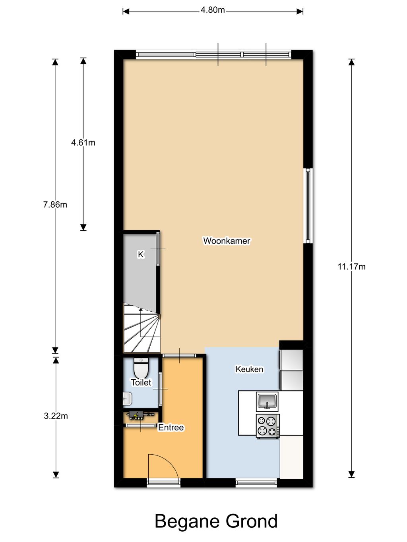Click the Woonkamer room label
coord(227,241)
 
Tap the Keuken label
coord(249,369)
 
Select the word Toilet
coord(141,382)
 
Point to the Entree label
coord(171,427)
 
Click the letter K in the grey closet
coord(141,255)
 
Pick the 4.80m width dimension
coord(213,10)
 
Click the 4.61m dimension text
coord(83,143)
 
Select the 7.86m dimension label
coord(55,205)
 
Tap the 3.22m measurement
coord(56,416)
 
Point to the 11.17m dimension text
coord(351,267)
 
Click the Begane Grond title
coord(216,521)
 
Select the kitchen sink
coord(267,401)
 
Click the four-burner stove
coord(268,426)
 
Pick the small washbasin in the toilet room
coord(127,399)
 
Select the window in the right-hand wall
coord(308,206)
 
